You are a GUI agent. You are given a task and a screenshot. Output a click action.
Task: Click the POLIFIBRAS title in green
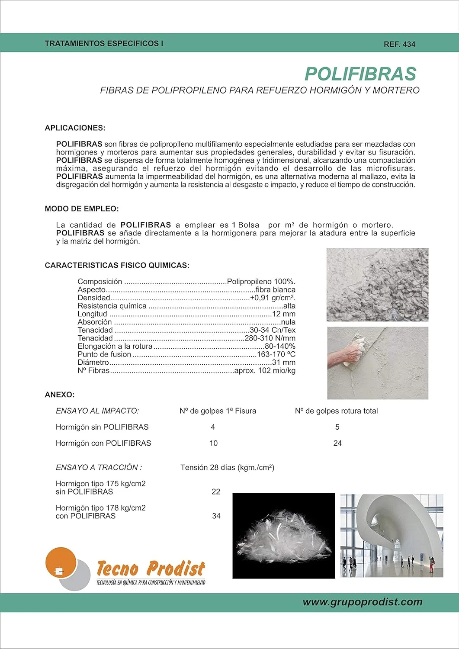point(360,74)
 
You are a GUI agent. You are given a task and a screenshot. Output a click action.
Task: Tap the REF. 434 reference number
point(399,44)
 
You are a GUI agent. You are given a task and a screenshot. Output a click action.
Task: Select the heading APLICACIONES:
point(75,128)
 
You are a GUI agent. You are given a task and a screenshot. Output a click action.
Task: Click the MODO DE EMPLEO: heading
point(81,209)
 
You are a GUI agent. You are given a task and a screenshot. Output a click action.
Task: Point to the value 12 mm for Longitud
point(284,314)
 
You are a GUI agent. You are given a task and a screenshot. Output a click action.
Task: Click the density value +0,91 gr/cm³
point(273,298)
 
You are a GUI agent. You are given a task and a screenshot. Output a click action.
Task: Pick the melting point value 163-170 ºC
point(276,354)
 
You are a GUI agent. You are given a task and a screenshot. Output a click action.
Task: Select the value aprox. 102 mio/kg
point(265,371)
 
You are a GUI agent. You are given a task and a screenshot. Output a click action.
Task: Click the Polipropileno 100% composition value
point(261,282)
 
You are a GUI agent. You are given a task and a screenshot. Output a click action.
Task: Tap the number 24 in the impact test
point(337,443)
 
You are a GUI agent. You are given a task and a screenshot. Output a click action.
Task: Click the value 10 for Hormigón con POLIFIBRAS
point(213,443)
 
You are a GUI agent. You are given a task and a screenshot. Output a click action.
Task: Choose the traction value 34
point(216,516)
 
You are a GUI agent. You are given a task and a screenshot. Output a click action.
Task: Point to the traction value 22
point(216,492)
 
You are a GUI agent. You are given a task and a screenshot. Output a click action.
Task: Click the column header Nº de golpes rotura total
point(336,411)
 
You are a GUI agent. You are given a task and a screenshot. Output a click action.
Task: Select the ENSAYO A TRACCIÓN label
point(99,467)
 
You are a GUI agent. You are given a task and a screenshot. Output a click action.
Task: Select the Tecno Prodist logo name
point(151,569)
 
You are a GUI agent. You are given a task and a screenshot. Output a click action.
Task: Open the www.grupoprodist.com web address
point(362,602)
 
